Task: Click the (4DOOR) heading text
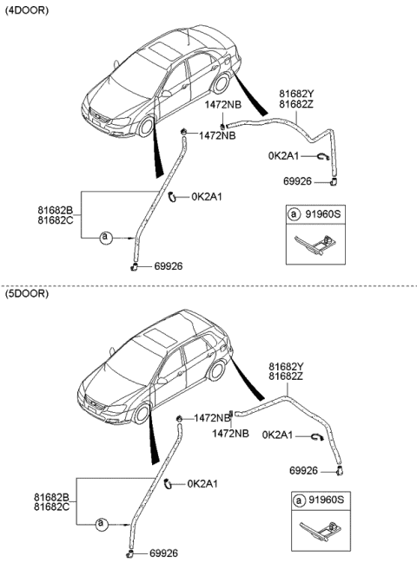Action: click(27, 10)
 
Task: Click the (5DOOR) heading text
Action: click(27, 295)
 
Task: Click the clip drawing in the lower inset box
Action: click(319, 528)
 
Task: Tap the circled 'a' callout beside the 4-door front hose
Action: click(106, 236)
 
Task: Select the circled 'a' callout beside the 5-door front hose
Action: click(101, 524)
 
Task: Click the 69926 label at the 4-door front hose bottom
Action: click(168, 266)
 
